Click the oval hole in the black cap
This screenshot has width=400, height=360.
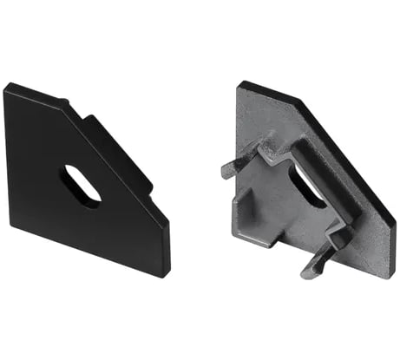pos(80,185)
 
